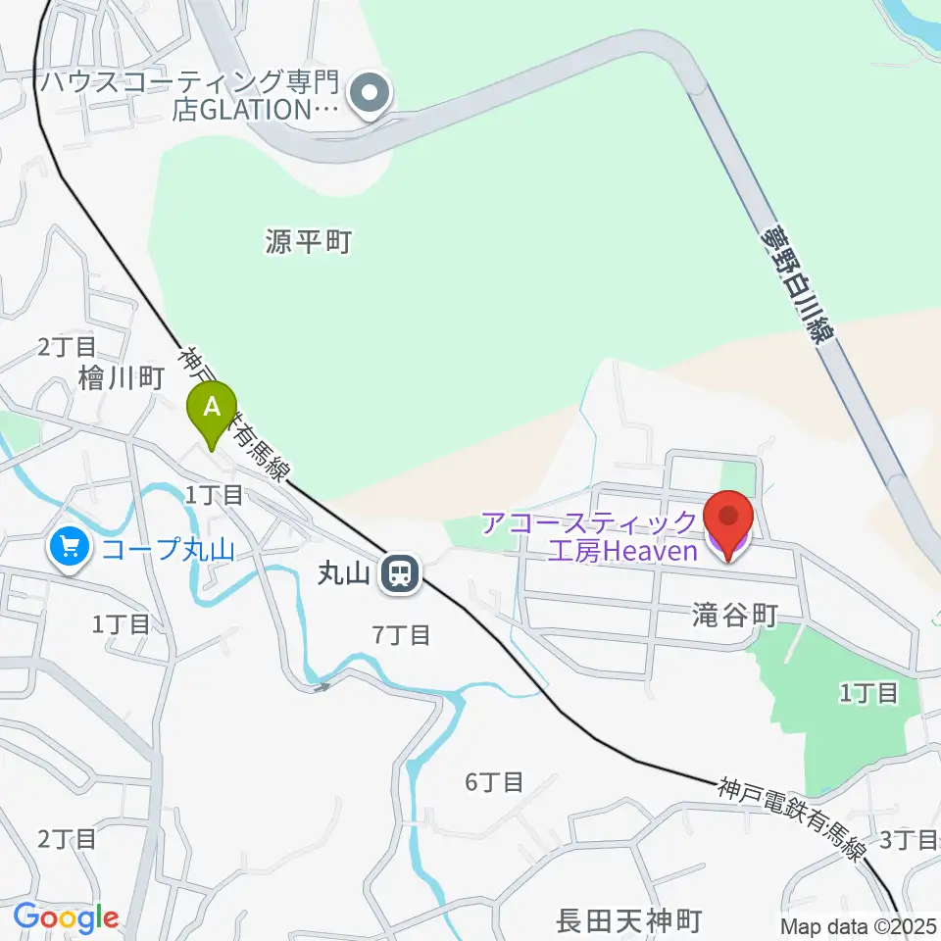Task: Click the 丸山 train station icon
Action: [x=399, y=573]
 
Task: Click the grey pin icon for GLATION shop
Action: [x=371, y=95]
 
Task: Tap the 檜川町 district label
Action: [x=121, y=379]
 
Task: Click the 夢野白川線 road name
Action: [x=799, y=285]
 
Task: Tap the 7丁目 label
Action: [x=402, y=635]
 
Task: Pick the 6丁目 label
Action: [x=494, y=782]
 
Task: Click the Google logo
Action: [x=66, y=918]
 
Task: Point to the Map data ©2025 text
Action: [x=860, y=925]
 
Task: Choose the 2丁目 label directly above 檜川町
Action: [x=68, y=345]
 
